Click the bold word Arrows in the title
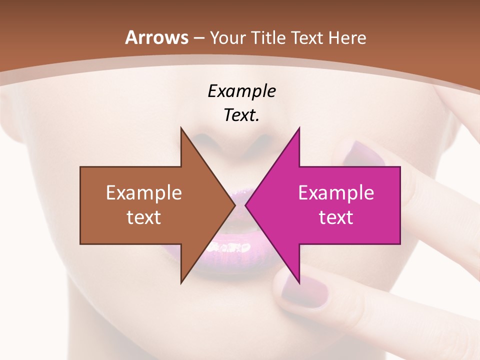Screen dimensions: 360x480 [x=156, y=37]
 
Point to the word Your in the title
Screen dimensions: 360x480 [x=228, y=38]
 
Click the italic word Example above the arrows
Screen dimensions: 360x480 [x=241, y=91]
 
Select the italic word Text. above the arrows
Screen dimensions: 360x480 [x=241, y=115]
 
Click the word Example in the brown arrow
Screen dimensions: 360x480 [x=144, y=192]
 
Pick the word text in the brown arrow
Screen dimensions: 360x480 [x=144, y=217]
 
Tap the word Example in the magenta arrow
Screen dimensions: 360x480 [x=336, y=192]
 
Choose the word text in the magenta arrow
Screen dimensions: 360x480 [x=336, y=217]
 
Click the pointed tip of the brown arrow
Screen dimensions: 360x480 [x=234, y=205]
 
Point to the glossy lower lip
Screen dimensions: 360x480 [x=235, y=250]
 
